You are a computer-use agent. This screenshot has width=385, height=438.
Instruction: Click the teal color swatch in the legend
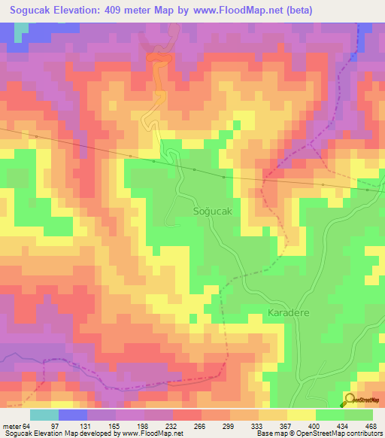click(x=44, y=415)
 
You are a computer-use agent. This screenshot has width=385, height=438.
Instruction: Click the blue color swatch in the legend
click(x=73, y=415)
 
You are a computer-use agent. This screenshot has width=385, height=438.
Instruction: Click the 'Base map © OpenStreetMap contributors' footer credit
click(x=320, y=433)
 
